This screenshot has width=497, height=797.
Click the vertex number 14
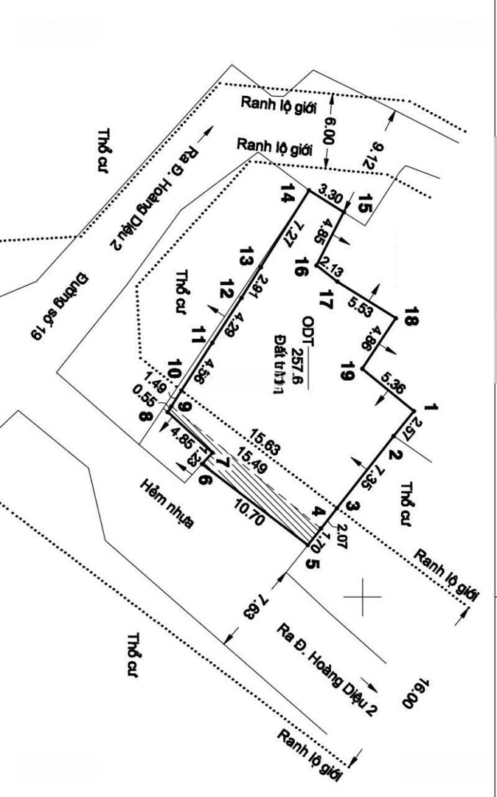(x=288, y=196)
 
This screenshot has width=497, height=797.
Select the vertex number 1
(x=431, y=407)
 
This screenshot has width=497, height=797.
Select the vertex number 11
(x=197, y=335)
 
